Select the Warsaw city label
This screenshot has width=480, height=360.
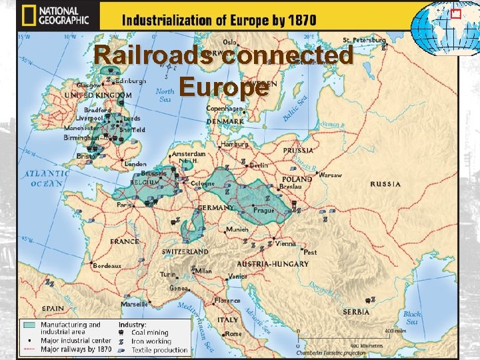330,175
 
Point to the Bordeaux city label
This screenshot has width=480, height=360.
107,265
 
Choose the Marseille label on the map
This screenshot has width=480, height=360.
135,303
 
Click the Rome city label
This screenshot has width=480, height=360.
233,333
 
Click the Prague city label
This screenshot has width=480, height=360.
264,211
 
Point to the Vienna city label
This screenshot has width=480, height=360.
285,244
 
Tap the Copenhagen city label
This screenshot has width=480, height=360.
224,108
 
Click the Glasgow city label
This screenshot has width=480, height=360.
89,85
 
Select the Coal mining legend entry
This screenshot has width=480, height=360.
150,333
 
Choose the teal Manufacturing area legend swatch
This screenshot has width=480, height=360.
29,325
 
